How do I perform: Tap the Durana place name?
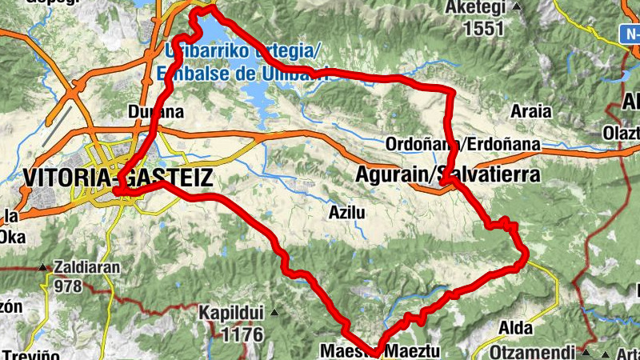[156, 113]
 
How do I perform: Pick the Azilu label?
[347, 213]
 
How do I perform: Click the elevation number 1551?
[484, 29]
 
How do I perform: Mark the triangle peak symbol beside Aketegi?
[516, 8]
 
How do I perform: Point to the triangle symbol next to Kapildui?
[275, 312]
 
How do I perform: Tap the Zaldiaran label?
[86, 267]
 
